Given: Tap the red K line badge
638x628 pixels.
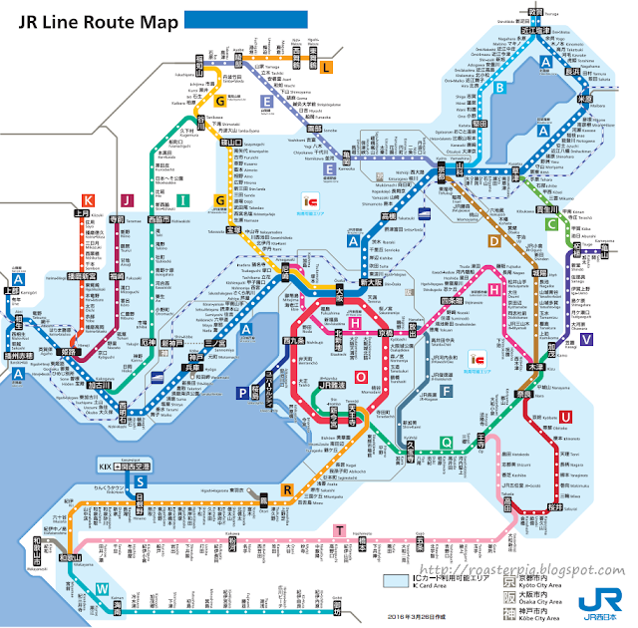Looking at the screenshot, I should (88, 201).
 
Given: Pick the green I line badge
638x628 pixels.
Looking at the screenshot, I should (183, 201).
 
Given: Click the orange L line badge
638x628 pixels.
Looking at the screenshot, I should (326, 68).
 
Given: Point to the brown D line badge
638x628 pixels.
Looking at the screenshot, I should (494, 239).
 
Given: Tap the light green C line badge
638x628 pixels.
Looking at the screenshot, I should (551, 225).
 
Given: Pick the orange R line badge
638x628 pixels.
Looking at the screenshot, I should (287, 488).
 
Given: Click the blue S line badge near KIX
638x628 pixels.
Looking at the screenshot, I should (141, 481).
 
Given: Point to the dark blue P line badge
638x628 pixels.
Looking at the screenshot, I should (242, 393).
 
